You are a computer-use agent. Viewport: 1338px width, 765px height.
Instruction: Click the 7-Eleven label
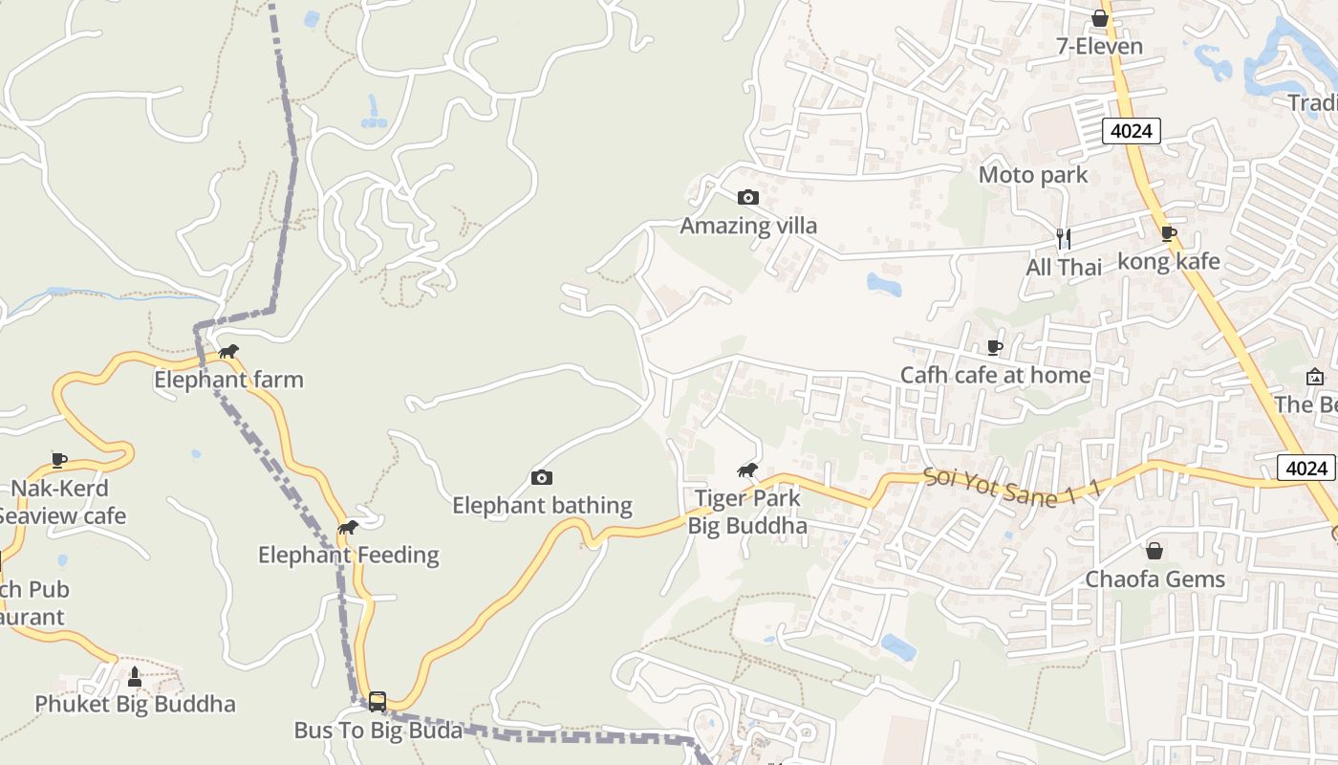1099,46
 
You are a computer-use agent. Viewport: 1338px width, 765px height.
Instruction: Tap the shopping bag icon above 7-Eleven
1100,18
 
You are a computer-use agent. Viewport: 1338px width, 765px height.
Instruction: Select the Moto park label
1033,175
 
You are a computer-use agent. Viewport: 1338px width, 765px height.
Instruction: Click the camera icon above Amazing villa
747,198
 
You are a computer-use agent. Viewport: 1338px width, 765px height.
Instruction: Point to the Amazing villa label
748,226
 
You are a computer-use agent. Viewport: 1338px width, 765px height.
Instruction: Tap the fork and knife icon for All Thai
1062,238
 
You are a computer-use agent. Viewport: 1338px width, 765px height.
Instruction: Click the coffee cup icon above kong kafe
1168,233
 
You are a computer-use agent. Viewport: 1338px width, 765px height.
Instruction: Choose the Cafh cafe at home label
995,375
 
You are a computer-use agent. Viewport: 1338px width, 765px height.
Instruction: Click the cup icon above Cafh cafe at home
995,347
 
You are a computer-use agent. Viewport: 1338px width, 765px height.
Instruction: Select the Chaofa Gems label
1155,579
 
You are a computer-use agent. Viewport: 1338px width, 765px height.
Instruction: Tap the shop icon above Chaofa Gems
1155,551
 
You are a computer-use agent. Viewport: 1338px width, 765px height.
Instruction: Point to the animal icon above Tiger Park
747,470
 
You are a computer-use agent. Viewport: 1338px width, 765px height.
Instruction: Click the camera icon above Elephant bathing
542,477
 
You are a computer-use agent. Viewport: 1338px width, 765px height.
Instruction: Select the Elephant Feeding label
349,555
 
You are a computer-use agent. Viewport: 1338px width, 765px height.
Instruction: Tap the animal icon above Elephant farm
228,352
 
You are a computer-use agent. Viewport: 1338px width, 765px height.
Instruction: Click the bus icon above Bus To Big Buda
378,702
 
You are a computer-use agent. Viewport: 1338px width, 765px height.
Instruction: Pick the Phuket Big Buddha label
135,705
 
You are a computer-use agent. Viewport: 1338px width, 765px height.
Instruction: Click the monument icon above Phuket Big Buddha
135,677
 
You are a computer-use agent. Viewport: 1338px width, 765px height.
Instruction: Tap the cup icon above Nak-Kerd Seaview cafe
59,461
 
